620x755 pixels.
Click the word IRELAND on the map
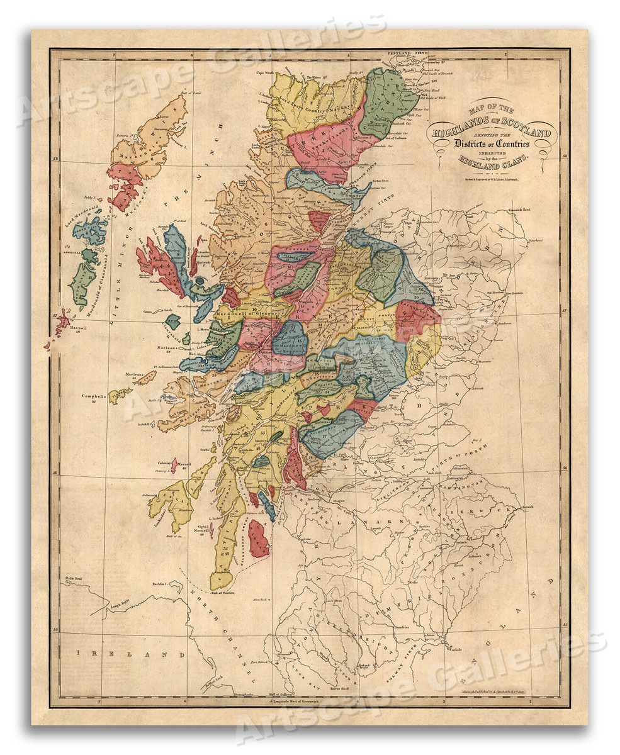pos(122,654)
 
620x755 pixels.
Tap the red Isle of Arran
pos(258,539)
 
